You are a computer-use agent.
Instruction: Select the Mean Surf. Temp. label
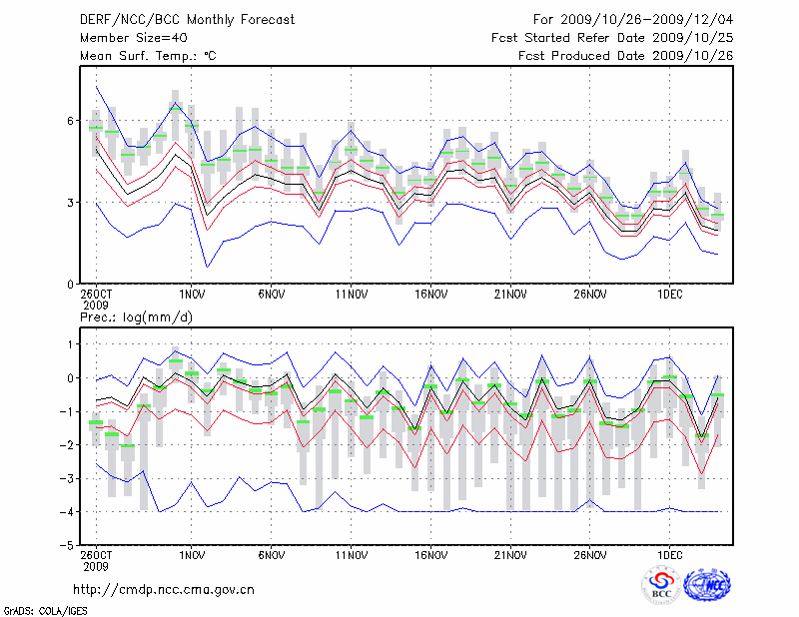pos(148,56)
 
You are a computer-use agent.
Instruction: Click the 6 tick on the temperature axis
pos(71,121)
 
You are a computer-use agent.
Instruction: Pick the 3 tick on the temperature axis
pos(71,203)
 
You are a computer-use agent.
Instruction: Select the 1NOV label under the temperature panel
pos(191,295)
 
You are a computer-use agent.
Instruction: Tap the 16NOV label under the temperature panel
pos(430,295)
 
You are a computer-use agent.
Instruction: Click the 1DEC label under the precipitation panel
pos(669,555)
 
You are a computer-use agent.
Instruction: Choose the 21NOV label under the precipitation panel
pos(510,555)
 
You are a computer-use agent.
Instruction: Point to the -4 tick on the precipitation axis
pos(68,512)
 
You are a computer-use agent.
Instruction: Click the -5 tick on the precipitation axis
pos(68,546)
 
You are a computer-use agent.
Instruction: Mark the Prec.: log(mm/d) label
pos(134,316)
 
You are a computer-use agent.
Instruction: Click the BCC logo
pos(661,586)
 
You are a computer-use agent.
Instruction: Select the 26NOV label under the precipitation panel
pos(590,555)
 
